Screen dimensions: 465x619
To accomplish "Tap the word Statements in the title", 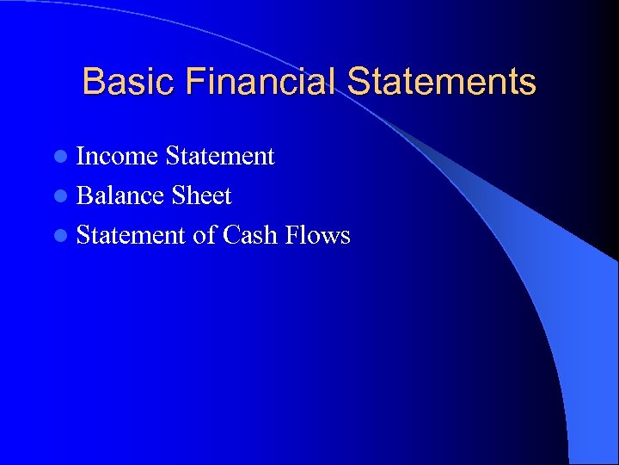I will [x=442, y=83].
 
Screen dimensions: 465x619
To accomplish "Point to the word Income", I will [x=117, y=157].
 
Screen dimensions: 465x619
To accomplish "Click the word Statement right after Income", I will [x=219, y=157].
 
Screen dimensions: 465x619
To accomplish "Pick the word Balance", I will [x=120, y=196].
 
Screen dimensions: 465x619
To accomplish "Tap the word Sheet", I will [x=201, y=196].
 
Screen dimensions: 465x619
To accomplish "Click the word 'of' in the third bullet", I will [x=205, y=235].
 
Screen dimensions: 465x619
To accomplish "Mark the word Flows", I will [x=317, y=235].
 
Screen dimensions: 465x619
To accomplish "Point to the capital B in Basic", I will [x=92, y=83].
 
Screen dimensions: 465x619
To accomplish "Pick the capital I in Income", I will [x=82, y=157].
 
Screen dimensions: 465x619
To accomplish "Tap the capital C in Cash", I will [x=231, y=235].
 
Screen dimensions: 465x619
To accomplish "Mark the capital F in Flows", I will [x=293, y=235].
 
